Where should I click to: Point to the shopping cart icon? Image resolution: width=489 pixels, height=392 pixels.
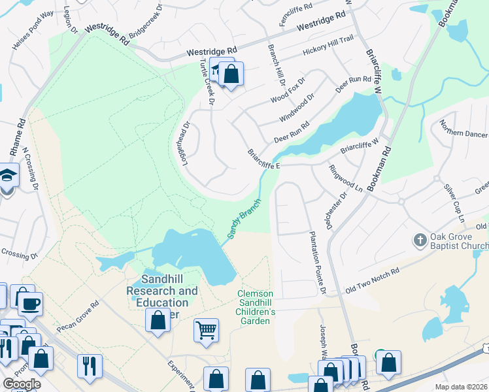pos(206,329)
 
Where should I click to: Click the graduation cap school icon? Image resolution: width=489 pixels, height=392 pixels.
pos(8,176)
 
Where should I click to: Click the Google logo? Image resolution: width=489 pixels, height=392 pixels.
pos(22,384)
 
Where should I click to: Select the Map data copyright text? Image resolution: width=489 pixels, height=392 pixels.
pos(461,387)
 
